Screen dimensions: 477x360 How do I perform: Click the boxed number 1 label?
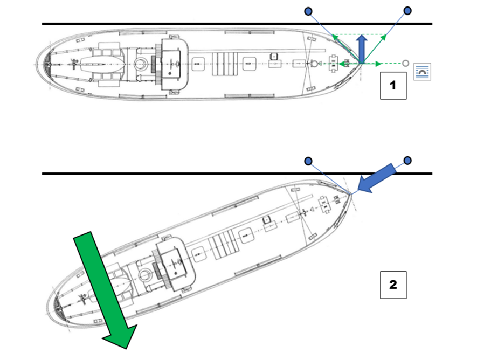coord(393,86)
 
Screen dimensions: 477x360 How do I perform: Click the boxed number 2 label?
coord(393,285)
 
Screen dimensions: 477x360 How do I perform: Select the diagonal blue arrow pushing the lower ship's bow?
coord(376,178)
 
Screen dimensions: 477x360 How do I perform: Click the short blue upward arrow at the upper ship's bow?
coord(362,49)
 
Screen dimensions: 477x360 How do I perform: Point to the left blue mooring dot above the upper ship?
coord(308,11)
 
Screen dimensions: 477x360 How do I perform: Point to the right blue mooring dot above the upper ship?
coord(407,11)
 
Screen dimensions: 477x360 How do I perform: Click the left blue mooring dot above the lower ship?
coord(308,161)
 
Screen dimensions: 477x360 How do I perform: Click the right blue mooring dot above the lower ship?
coord(407,161)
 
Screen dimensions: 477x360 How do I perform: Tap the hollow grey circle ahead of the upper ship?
coord(405,63)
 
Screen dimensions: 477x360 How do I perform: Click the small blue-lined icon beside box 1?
coord(422,72)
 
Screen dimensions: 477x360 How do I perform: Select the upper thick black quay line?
coord(237,24)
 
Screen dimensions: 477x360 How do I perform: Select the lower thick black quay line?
coord(237,174)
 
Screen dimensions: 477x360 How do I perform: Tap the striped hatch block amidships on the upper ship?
coord(225,64)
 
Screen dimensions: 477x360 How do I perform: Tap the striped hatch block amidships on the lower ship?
coord(224,245)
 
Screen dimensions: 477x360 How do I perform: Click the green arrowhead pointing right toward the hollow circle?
coord(378,64)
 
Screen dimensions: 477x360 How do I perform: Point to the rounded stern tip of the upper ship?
coord(37,65)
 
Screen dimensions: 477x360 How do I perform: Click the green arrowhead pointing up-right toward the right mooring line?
coord(384,37)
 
